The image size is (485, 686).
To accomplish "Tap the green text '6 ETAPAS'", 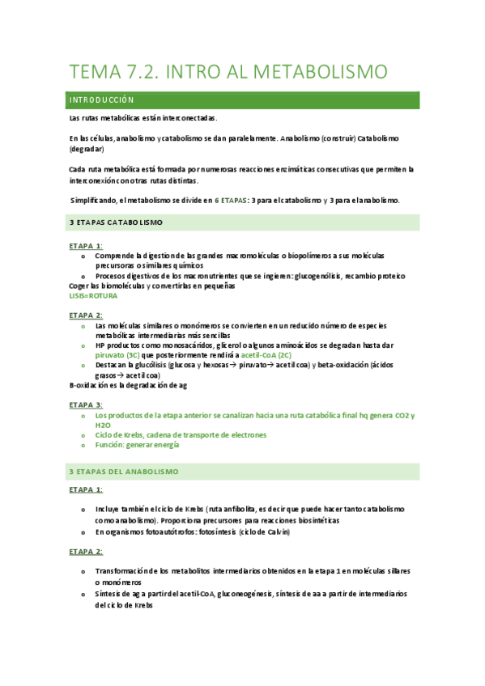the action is click(233, 200).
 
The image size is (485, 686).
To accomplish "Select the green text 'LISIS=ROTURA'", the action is click(93, 296).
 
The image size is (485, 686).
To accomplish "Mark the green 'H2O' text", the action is click(103, 425).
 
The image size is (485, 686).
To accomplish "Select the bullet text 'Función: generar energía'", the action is click(137, 444).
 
